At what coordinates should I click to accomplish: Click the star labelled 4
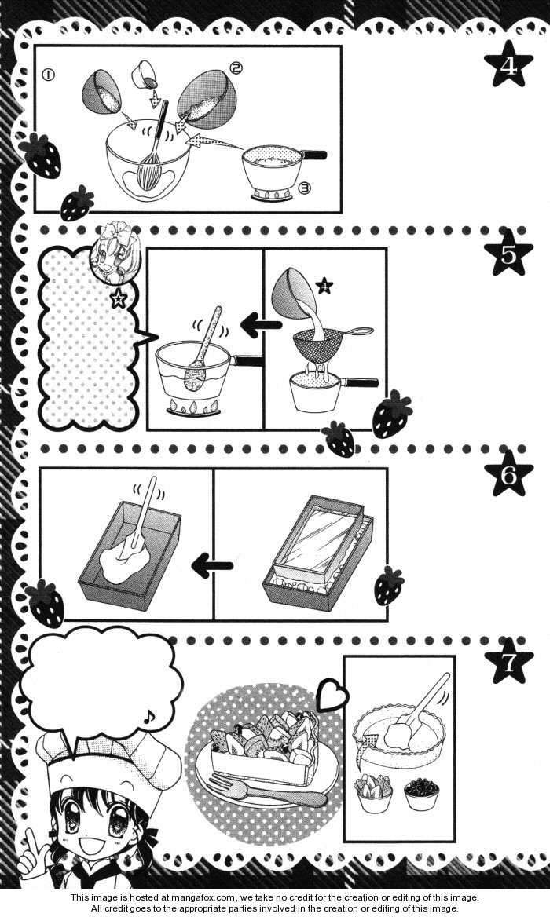coord(508,64)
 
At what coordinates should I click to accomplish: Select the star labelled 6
coord(508,473)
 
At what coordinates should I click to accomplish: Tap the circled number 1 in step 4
coord(49,75)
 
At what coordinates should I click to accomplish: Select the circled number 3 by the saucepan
coord(305,188)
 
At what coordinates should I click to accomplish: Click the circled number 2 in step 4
coord(236,68)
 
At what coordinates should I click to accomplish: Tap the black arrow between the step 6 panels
coord(212,565)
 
